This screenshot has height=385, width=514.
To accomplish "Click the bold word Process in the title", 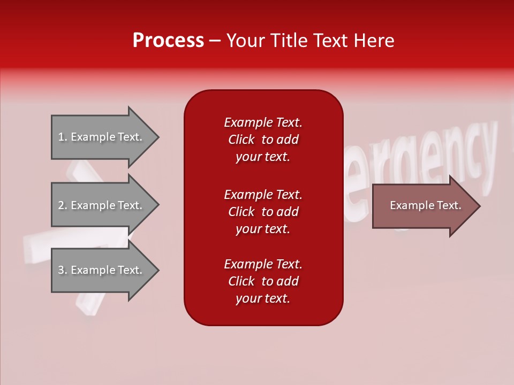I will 168,41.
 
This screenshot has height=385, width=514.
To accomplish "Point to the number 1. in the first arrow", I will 63,137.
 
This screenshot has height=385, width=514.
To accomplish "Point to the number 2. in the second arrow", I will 63,205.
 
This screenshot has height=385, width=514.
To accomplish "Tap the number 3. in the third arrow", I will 63,270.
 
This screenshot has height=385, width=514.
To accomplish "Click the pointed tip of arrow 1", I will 157,137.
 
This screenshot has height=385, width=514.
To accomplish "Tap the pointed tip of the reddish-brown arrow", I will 478,206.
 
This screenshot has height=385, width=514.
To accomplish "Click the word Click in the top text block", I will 241,140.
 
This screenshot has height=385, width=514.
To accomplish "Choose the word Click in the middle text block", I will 241,212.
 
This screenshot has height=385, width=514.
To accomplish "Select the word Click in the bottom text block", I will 241,281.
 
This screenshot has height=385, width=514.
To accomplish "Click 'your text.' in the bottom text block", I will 263,298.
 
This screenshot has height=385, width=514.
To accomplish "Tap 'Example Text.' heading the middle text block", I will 263,194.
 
